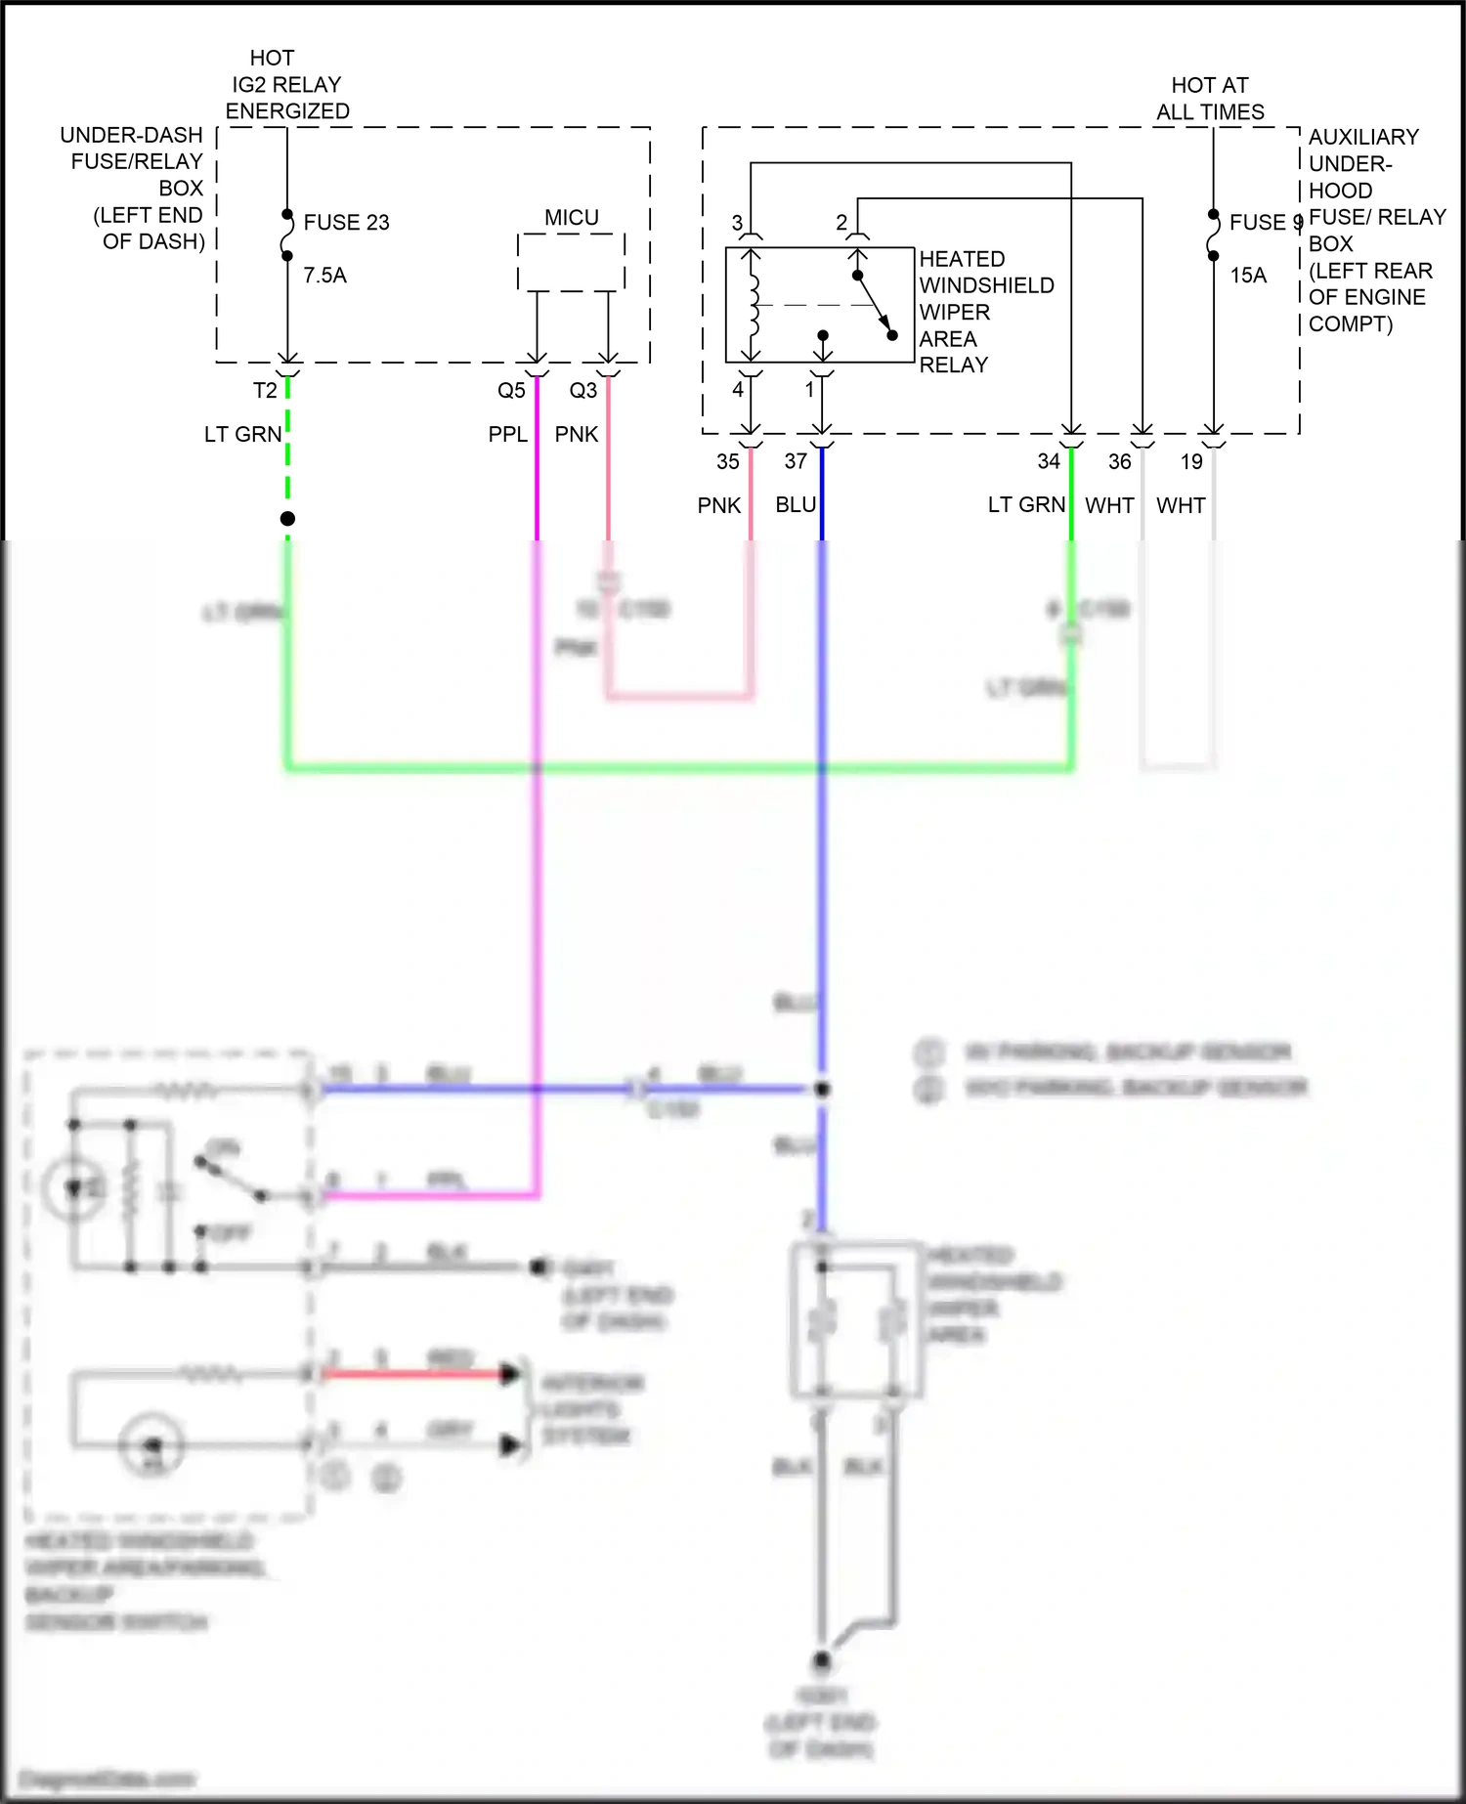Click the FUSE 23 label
tap(346, 223)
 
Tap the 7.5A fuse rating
tap(324, 276)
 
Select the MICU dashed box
tap(571, 262)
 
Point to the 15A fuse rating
tap(1248, 276)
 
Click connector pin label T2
tap(265, 391)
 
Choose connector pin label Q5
tap(511, 391)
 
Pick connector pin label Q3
tap(582, 391)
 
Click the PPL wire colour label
tap(507, 435)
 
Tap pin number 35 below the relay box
tap(728, 462)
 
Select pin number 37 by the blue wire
tap(796, 461)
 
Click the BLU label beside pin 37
tap(796, 505)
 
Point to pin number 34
tap(1049, 461)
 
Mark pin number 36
tap(1120, 461)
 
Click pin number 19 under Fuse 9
tap(1191, 461)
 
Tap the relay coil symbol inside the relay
tap(753, 305)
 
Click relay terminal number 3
tap(737, 224)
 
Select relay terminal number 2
tap(841, 224)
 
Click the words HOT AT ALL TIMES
tap(1210, 99)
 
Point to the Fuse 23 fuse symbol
tap(287, 236)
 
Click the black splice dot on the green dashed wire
tap(287, 519)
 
